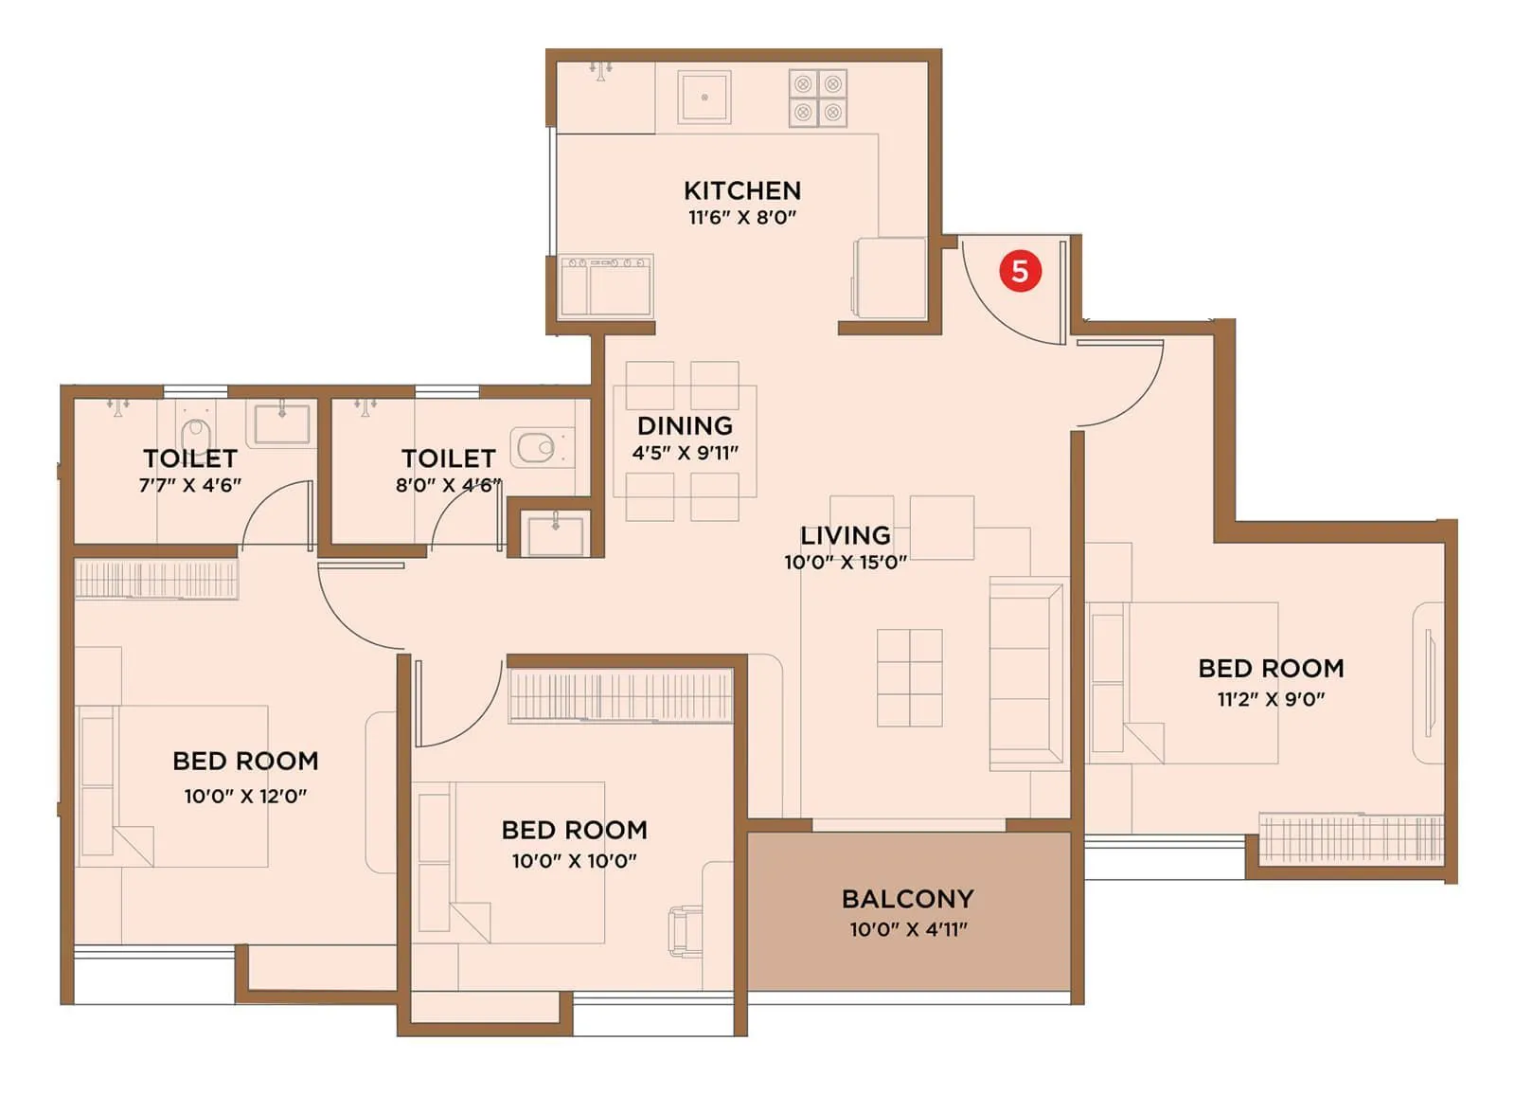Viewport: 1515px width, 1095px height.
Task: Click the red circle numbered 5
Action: pyautogui.click(x=1020, y=271)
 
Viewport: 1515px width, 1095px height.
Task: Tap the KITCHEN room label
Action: pyautogui.click(x=742, y=190)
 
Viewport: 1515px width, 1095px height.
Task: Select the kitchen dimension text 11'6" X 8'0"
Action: pyautogui.click(x=742, y=217)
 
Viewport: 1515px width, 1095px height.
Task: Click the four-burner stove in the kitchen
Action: pyautogui.click(x=818, y=98)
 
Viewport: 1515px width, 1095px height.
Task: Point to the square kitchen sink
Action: pyautogui.click(x=704, y=97)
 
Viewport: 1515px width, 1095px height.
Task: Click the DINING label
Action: pyautogui.click(x=685, y=425)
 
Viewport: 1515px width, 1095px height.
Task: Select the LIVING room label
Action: pyautogui.click(x=845, y=535)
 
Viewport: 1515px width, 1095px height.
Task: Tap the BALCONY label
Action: pyautogui.click(x=907, y=898)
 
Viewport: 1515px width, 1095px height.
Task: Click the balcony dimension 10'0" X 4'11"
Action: pyautogui.click(x=908, y=929)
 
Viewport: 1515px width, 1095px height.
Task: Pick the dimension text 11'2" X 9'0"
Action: pyautogui.click(x=1271, y=699)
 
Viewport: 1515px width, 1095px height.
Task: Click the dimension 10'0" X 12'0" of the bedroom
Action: pyautogui.click(x=245, y=796)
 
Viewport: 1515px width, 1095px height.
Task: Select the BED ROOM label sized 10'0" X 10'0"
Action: pyautogui.click(x=574, y=830)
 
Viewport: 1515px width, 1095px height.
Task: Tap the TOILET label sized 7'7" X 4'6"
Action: pyautogui.click(x=190, y=458)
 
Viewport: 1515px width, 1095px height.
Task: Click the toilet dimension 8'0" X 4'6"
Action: pyautogui.click(x=447, y=485)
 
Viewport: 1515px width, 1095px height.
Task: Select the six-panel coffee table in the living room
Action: pyautogui.click(x=909, y=677)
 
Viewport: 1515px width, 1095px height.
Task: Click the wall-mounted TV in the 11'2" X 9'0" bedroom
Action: pyautogui.click(x=1428, y=682)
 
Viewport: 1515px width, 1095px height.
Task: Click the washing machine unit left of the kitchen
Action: pyautogui.click(x=606, y=285)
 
